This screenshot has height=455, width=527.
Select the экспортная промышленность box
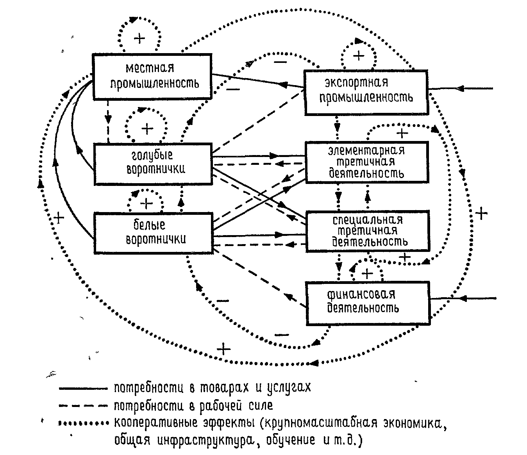tap(366, 93)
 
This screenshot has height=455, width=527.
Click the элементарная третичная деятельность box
tap(367, 162)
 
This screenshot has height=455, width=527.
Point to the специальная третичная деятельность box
tap(367, 231)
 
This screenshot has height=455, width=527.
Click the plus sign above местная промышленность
tap(139, 38)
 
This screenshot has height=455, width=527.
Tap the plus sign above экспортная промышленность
tap(358, 56)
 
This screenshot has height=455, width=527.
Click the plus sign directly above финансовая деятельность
tap(367, 273)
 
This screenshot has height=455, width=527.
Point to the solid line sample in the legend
tap(83, 389)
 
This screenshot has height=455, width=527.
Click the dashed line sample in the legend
tap(83, 406)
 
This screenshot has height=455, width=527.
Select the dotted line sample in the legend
tap(83, 423)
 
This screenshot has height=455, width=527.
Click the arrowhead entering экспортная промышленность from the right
tap(461, 88)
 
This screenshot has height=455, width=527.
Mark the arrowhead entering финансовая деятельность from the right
tap(463, 298)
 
